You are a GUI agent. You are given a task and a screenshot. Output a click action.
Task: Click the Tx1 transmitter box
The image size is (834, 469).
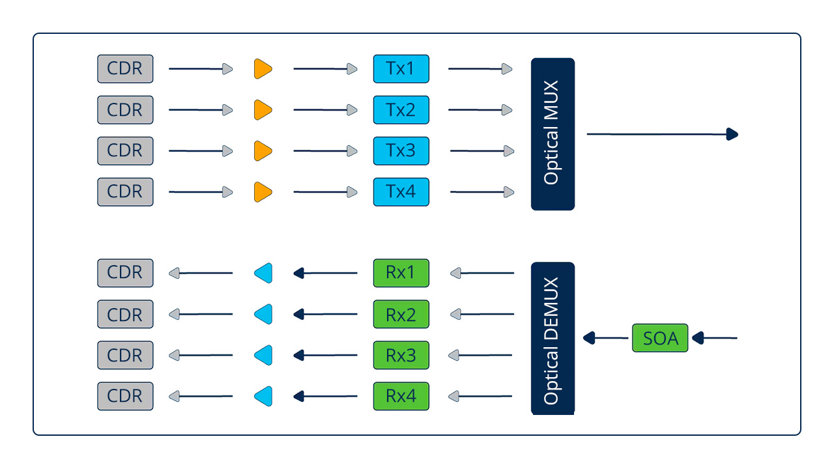[401, 68]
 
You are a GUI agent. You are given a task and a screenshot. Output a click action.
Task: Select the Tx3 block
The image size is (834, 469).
[401, 150]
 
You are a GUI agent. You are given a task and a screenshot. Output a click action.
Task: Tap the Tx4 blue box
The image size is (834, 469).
[401, 192]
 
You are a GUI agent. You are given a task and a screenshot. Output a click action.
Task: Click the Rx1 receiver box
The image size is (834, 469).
[401, 273]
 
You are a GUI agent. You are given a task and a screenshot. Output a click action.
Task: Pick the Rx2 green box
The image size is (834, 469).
[401, 314]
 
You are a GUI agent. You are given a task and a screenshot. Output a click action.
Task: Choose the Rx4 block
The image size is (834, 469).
[401, 396]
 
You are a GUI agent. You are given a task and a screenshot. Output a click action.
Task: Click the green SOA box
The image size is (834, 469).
[660, 338]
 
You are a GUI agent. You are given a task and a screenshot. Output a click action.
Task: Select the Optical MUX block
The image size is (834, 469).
[553, 134]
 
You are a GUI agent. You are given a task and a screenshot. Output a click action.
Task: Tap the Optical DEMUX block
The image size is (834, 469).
[553, 339]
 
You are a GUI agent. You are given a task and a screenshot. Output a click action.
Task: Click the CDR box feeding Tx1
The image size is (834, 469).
[125, 68]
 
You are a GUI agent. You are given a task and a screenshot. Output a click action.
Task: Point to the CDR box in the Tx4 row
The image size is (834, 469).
[125, 192]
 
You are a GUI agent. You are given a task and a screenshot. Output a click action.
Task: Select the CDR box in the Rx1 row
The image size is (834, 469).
[125, 273]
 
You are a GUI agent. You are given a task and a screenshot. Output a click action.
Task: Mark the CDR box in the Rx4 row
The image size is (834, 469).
[125, 396]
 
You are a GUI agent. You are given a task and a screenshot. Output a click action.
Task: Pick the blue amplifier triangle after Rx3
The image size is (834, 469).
[263, 355]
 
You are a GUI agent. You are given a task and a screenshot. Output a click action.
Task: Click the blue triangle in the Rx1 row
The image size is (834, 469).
[263, 273]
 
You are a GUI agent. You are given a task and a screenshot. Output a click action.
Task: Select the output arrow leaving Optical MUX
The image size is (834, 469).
[661, 134]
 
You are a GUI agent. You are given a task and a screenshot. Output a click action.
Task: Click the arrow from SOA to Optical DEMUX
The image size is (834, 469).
[606, 338]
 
